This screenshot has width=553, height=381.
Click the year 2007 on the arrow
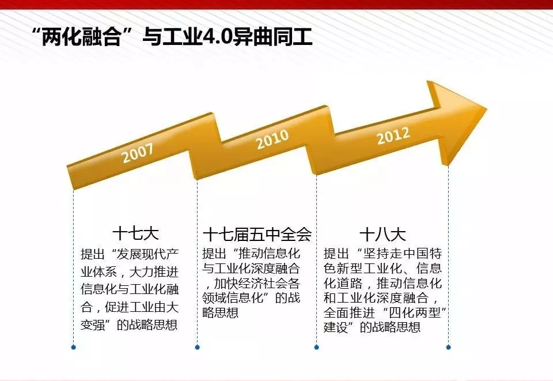[138, 153]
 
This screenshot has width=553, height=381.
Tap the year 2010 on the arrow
[272, 139]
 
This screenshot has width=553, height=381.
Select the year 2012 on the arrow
[393, 135]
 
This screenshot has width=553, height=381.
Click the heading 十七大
[136, 233]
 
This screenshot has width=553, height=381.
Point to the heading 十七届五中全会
[257, 234]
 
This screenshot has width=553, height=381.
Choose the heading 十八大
[382, 234]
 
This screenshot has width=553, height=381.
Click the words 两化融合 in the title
[81, 37]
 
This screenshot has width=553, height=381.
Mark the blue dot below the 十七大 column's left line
[73, 347]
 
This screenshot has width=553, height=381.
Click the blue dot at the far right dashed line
[448, 347]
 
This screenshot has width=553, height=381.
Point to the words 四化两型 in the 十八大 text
[415, 312]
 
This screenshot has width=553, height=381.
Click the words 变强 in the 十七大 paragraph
[93, 325]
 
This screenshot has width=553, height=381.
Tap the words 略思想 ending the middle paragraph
[221, 312]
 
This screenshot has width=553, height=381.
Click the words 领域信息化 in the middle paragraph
[233, 298]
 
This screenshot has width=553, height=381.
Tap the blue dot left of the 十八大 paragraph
[316, 347]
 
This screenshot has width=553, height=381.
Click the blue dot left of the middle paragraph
[197, 347]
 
